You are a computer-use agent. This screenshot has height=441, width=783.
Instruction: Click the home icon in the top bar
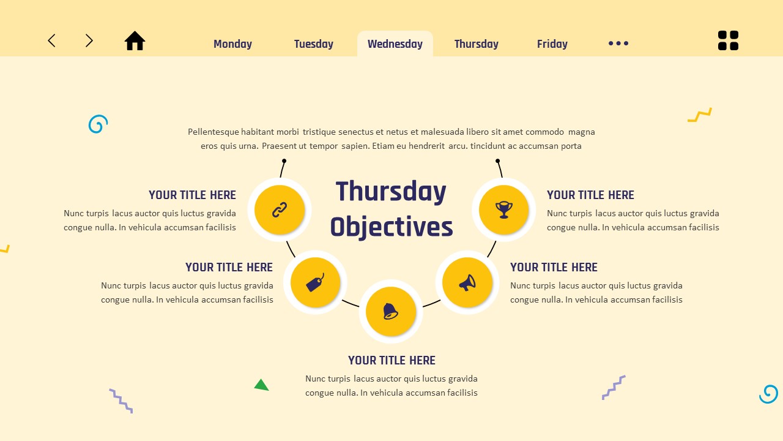pos(135,41)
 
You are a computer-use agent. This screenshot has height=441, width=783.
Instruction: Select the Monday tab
pos(232,44)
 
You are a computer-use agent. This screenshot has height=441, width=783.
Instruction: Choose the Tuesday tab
pos(313,44)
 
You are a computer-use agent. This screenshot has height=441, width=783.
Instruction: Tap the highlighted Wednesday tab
pos(395,44)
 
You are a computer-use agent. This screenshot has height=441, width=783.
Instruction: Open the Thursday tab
pos(476,44)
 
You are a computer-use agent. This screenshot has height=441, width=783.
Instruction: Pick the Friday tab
pos(552,44)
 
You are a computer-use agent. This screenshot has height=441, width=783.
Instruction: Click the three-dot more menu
pos(618,43)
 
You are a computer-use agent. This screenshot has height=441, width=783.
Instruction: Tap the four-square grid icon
pos(728,40)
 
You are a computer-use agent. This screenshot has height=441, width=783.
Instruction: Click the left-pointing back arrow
pos(52,41)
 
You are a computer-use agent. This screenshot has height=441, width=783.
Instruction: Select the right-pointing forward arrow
pos(89,41)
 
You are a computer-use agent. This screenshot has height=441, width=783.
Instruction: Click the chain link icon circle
pos(280,210)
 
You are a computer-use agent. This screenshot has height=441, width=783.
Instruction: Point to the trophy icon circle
pos(504,210)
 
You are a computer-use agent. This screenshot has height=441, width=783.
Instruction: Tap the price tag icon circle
pos(315,282)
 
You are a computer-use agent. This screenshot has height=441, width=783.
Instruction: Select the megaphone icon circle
pos(467,282)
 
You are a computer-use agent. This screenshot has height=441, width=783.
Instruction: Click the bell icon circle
pos(391,311)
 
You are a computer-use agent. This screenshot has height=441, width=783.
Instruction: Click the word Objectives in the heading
pos(391,227)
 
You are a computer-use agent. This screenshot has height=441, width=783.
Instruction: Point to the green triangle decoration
pos(261,385)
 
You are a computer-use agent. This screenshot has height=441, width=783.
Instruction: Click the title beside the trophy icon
pos(590,195)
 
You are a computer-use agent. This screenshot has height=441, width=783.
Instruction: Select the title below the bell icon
pos(391,361)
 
